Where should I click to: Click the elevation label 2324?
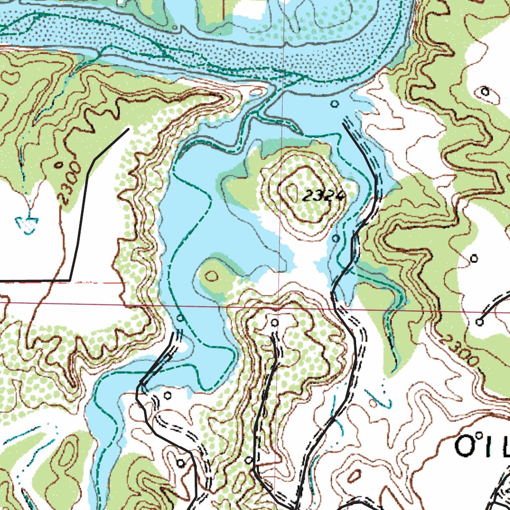coord(323,196)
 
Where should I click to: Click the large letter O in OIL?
coord(465,447)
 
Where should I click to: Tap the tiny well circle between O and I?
coord(480,436)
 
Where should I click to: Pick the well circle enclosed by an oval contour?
coord(485,91)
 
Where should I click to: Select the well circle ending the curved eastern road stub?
coord(479,322)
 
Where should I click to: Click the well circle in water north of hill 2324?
coord(335,104)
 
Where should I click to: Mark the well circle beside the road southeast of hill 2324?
coord(335,239)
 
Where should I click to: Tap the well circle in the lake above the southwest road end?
coord(180,318)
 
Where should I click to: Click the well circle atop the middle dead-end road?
coord(274,323)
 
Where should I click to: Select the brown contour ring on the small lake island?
coord(212,275)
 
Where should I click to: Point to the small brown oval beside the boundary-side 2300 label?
coord(59,164)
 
